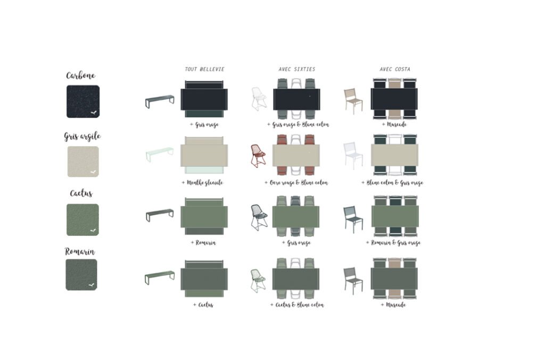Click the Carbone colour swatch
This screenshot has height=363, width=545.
click(x=83, y=102)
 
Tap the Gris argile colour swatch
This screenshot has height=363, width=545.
click(x=83, y=162)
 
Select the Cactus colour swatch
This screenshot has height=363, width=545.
click(x=83, y=220)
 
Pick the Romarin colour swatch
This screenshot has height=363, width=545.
click(x=81, y=275)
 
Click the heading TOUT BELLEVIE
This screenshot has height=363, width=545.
click(x=204, y=70)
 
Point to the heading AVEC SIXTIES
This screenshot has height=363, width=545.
click(x=297, y=70)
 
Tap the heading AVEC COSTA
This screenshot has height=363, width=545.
click(x=395, y=70)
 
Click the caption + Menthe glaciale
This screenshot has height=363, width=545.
click(x=202, y=183)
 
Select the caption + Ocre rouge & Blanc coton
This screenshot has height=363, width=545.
click(x=296, y=183)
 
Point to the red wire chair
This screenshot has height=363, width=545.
click(x=258, y=156)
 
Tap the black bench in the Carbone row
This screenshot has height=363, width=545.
click(x=160, y=100)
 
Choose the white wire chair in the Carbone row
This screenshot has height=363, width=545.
click(x=259, y=99)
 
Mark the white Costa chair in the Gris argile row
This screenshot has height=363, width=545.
click(x=353, y=155)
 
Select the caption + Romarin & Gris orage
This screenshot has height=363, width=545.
click(x=394, y=243)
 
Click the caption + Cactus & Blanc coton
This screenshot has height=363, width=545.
click(x=297, y=305)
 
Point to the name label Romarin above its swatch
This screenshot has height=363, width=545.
click(x=80, y=251)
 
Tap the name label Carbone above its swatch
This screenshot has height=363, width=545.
click(x=81, y=75)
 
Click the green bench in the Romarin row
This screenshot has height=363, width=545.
click(x=160, y=277)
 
